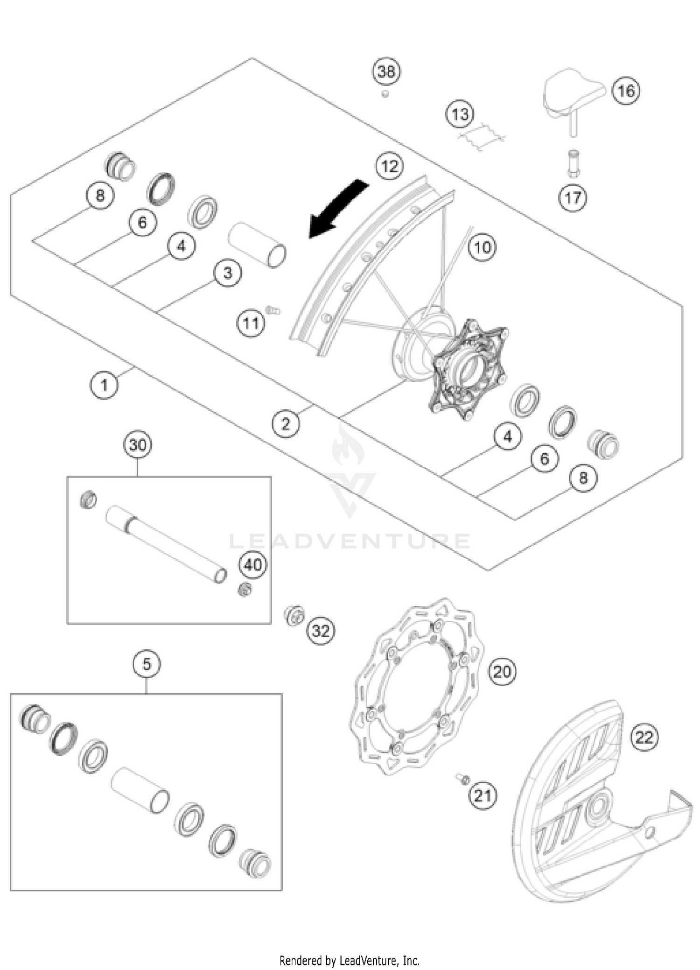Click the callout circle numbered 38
tap(386, 72)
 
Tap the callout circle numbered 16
tap(626, 91)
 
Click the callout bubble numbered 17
tap(573, 198)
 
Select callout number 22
tap(644, 738)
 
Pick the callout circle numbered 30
tap(138, 445)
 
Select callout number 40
tap(253, 565)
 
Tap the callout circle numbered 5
tap(147, 664)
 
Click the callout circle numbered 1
tap(104, 385)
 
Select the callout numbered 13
tap(460, 114)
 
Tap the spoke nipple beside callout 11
tap(272, 309)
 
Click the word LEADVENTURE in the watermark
tap(350, 541)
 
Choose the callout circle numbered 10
tap(482, 247)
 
